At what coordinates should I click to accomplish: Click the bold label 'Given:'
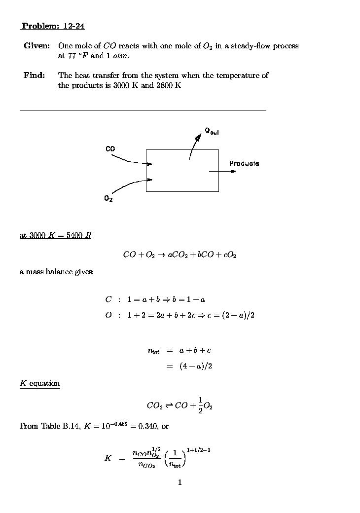36,46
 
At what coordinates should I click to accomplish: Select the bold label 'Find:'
34,75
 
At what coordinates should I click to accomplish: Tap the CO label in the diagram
110,148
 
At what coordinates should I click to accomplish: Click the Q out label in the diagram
212,131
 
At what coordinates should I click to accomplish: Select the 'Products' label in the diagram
244,163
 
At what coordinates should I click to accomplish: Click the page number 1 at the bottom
180,482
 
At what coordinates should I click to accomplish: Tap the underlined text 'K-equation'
39,383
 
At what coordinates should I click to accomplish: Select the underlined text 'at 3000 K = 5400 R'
55,235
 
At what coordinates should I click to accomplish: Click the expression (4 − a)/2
196,366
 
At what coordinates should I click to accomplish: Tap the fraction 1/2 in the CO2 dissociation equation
200,405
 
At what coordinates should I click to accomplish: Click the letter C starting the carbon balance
108,299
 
